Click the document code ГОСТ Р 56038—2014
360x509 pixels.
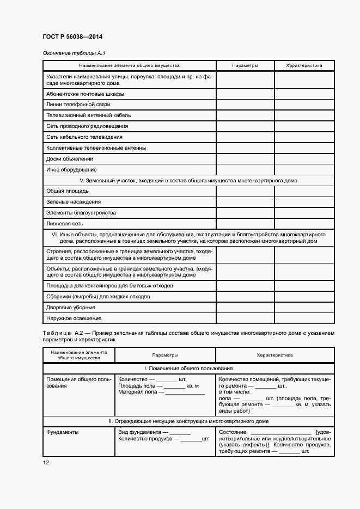(72, 37)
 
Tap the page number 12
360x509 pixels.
(46, 462)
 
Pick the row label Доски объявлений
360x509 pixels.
(70, 159)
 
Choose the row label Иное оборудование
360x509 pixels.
(71, 170)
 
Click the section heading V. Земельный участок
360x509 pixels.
(188, 180)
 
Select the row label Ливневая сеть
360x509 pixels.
(65, 224)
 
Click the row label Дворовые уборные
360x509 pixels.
(71, 308)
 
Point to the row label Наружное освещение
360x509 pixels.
(74, 318)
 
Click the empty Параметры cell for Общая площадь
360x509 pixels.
(245, 191)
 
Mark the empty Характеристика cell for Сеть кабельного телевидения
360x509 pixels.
(304, 137)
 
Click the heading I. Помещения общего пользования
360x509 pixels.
(188, 369)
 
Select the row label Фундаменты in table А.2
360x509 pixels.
(62, 432)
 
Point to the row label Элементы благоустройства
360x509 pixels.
(81, 213)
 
